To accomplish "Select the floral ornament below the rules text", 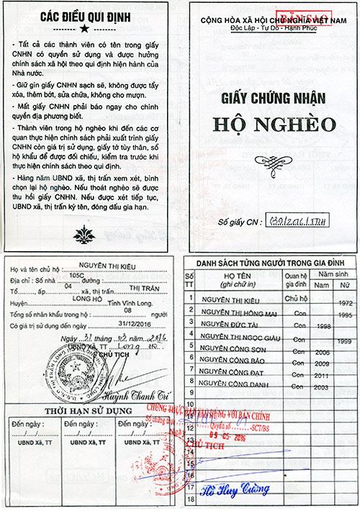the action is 85,232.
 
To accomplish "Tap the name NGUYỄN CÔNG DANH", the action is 233,388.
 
